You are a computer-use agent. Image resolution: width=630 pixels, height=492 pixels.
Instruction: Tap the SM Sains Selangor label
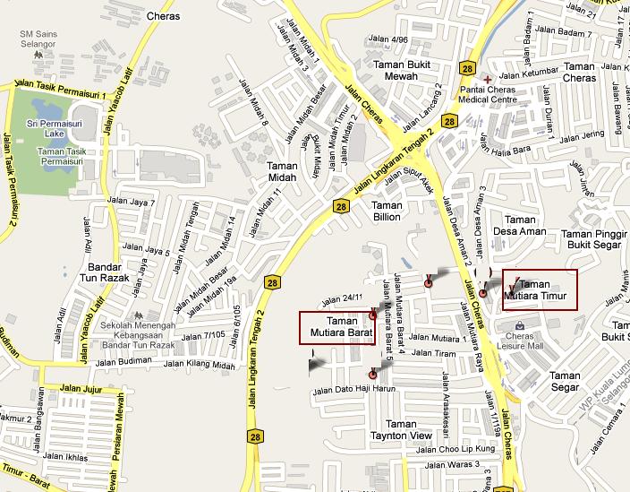(x=39, y=39)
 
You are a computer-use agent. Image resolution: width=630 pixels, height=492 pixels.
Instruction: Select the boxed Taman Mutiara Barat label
(x=335, y=327)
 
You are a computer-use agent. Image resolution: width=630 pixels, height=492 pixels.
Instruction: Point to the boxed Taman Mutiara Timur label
(x=541, y=289)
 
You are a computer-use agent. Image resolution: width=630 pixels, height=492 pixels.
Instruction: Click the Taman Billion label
(x=387, y=211)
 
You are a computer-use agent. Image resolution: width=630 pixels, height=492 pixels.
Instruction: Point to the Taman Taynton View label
(x=402, y=429)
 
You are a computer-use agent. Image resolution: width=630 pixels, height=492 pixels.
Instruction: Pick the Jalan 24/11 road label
(x=341, y=298)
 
